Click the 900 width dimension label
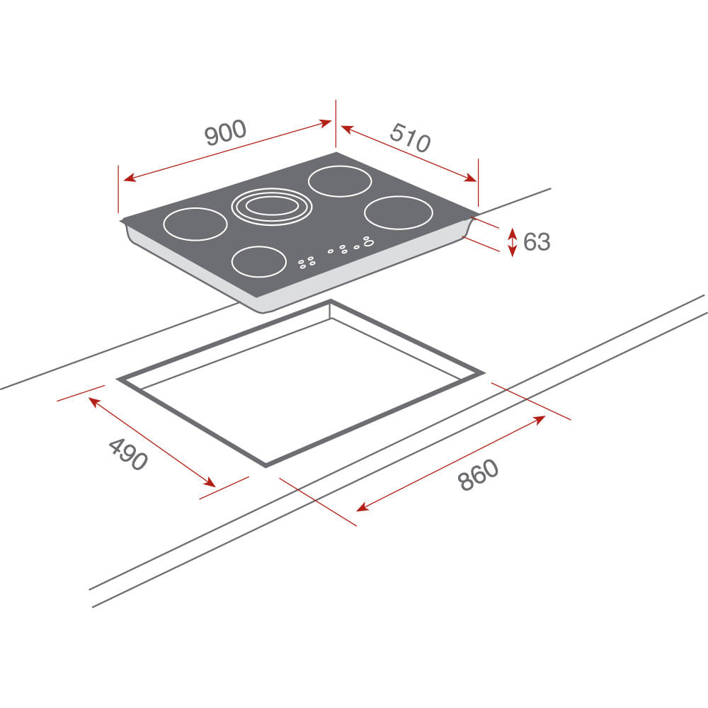225,132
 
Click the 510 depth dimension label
410,137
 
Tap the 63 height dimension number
537,241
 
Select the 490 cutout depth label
128,455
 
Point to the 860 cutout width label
478,474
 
